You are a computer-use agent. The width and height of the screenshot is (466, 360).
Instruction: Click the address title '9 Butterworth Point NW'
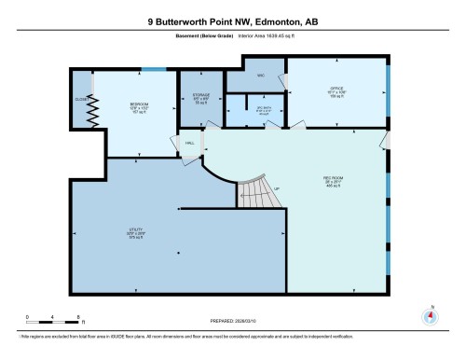232,20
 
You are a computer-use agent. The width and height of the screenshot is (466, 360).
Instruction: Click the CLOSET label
81,100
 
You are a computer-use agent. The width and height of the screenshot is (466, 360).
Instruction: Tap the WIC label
262,75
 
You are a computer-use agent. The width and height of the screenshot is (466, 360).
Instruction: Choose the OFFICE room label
336,90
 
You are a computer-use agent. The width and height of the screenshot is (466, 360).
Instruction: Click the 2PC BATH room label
263,112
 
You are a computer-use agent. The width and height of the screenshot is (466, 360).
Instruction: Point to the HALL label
189,144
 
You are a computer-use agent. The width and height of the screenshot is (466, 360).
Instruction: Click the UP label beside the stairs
277,190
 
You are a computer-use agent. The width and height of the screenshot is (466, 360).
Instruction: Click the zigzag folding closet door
93,111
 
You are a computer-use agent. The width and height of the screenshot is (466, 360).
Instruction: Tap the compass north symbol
431,313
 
